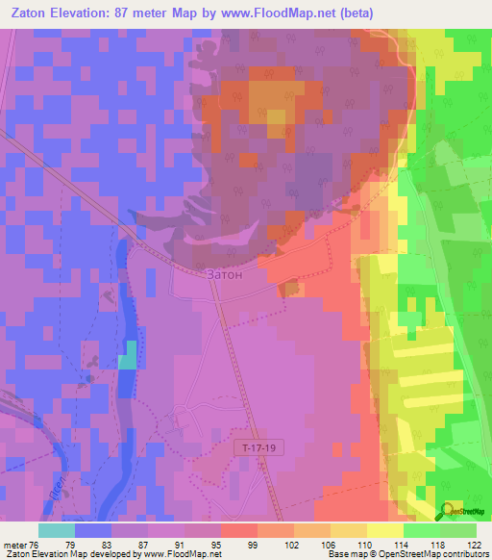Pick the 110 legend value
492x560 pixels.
[x=351, y=545]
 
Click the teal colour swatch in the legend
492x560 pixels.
[x=56, y=530]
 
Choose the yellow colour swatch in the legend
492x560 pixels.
[x=383, y=530]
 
